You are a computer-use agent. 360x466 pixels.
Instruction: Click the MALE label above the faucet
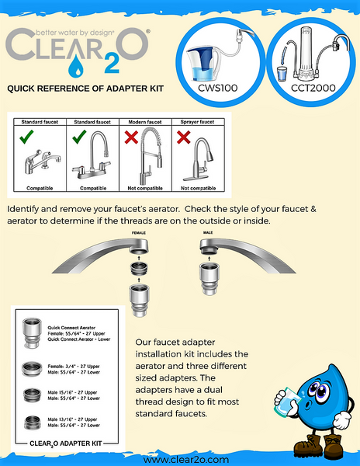pos(207,231)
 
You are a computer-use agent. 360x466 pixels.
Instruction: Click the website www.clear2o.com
pos(180,459)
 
